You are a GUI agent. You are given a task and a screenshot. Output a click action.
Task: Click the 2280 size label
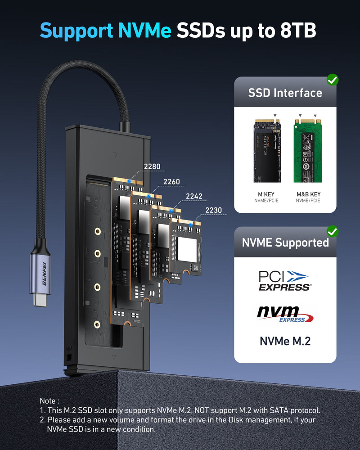152,166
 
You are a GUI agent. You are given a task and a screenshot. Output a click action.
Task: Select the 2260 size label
171,182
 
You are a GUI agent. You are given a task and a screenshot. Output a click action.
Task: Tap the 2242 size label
194,196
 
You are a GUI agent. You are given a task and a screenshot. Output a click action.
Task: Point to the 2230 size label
213,210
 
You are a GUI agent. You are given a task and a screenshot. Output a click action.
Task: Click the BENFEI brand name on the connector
45,270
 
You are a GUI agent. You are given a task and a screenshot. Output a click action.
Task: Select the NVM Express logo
285,314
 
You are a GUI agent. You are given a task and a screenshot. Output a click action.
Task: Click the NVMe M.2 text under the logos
285,341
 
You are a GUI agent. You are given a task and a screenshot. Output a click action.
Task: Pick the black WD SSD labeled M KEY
267,150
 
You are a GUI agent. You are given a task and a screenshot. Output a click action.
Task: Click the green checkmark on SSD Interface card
333,80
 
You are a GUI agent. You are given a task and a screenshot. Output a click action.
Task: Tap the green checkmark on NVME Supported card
333,231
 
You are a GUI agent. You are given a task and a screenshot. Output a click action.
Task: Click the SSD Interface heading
285,93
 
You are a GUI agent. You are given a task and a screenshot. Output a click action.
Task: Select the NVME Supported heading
285,243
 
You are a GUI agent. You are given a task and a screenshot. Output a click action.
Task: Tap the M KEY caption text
267,194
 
